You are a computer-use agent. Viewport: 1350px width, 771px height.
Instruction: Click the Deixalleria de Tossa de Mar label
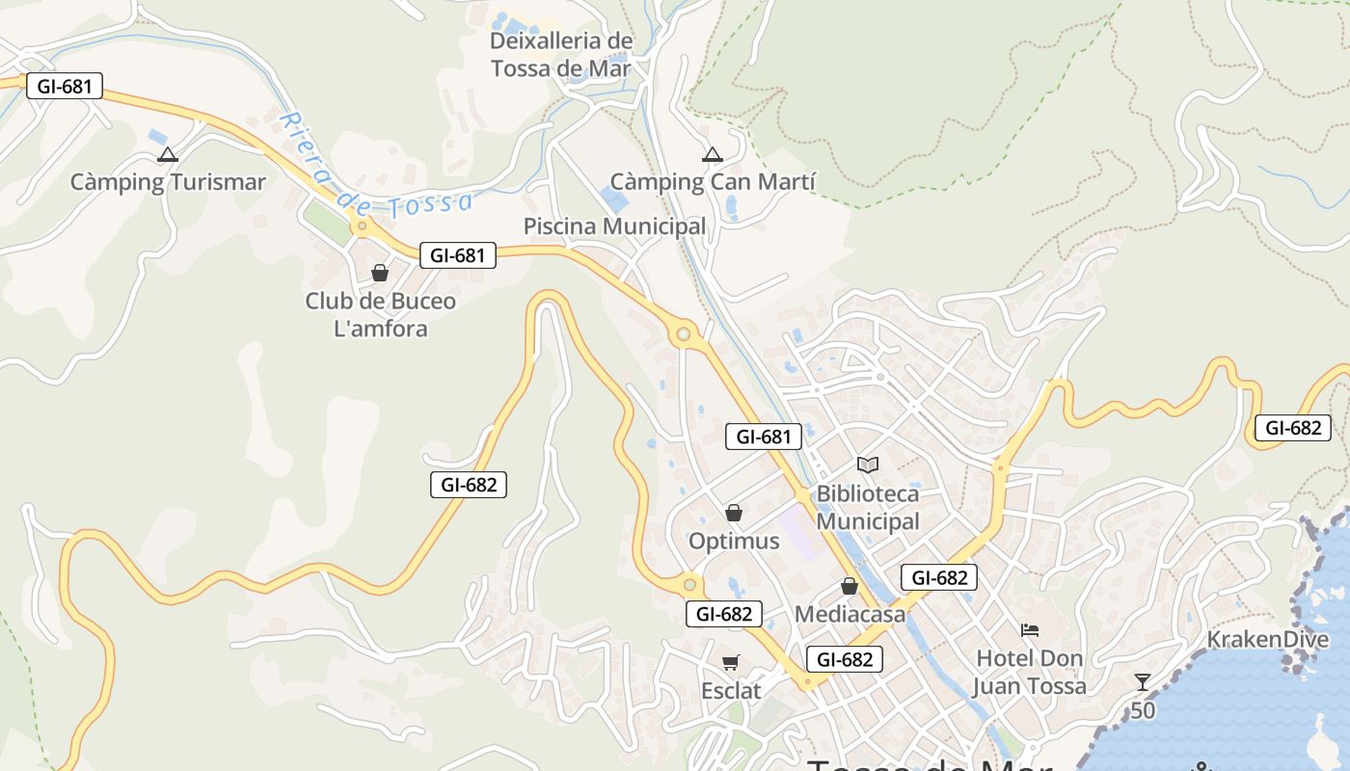[x=561, y=55]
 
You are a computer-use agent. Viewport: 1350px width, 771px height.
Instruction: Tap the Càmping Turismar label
[x=168, y=181]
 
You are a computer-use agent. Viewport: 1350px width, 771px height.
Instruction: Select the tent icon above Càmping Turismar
[x=168, y=154]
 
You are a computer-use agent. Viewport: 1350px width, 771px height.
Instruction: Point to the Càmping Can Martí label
[x=713, y=181]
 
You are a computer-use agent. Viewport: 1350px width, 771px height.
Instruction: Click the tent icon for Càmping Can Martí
[x=712, y=154]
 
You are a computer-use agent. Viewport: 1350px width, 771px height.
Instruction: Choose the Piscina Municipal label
[x=614, y=226]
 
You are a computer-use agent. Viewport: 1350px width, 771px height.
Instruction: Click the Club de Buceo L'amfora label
[x=380, y=314]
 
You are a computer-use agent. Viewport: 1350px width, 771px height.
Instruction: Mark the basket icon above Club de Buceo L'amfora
[x=380, y=273]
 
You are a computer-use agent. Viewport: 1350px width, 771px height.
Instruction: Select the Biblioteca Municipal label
[x=868, y=508]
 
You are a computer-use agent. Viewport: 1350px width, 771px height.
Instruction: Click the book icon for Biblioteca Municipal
[x=868, y=465]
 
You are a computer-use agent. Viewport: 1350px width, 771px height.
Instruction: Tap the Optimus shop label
[x=734, y=541]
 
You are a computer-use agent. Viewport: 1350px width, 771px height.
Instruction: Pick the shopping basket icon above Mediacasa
[x=850, y=586]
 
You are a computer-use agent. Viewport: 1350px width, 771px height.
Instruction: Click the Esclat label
[x=731, y=691]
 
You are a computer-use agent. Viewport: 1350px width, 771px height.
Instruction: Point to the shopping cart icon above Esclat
[x=731, y=662]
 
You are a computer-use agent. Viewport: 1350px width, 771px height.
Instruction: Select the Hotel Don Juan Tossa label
[x=1029, y=672]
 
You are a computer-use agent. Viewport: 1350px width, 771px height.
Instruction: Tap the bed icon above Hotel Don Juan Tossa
[x=1030, y=630]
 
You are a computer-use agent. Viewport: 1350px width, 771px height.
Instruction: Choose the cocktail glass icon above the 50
[x=1143, y=682]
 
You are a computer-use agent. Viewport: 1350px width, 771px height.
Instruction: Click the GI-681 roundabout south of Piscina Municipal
[x=684, y=334]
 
